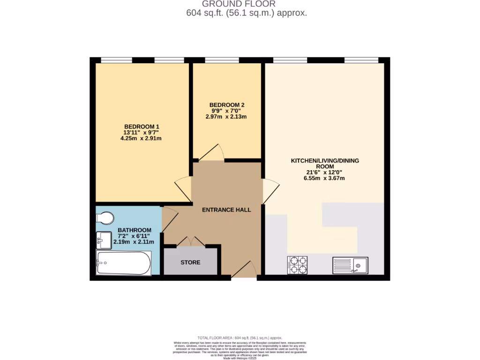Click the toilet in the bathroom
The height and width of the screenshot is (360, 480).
105,218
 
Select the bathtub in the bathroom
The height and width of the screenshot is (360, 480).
123,263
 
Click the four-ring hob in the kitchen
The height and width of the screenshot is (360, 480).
297,265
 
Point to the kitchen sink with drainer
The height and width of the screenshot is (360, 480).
350,265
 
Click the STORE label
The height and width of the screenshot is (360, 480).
190,262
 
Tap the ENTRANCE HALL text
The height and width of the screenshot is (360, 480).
226,210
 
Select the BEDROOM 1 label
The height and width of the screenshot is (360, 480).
142,127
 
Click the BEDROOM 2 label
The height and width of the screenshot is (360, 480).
226,105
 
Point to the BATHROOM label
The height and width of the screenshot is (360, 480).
135,230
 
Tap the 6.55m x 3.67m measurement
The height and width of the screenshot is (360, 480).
325,178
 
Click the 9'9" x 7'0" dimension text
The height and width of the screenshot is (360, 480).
226,111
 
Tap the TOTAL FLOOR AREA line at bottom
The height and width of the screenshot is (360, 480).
240,337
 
